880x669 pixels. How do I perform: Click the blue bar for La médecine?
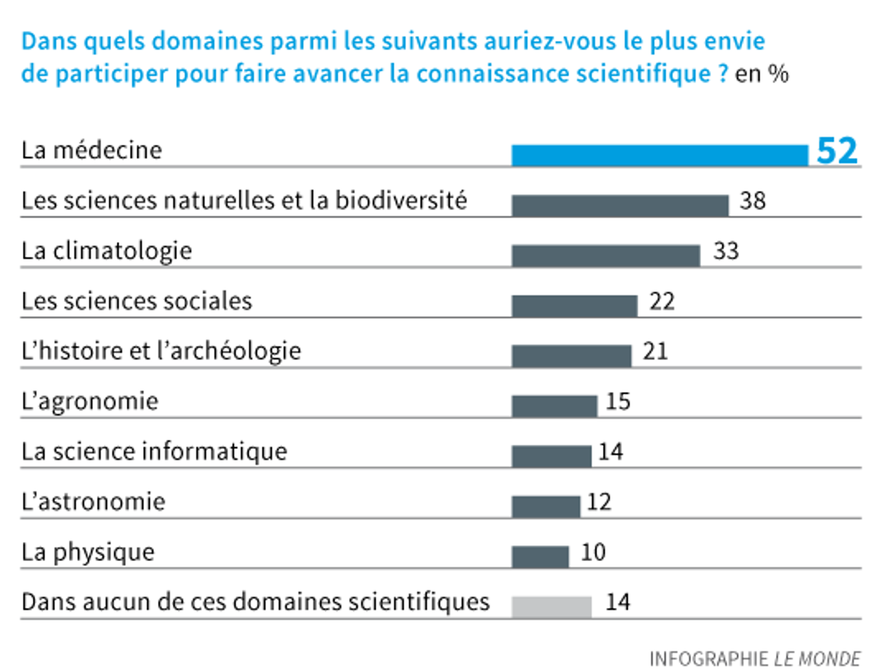(660, 155)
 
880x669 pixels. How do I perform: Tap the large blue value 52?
(837, 151)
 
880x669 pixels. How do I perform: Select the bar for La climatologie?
(606, 256)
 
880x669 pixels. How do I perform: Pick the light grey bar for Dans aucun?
(551, 607)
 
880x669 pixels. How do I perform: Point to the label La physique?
(88, 552)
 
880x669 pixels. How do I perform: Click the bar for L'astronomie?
(546, 506)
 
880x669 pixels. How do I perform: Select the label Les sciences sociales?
(137, 301)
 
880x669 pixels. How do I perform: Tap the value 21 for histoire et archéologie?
(655, 351)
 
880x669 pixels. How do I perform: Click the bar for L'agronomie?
(554, 406)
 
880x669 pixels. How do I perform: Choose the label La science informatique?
(154, 452)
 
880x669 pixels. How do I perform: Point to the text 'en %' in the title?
(761, 74)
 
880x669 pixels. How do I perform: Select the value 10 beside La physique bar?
(593, 552)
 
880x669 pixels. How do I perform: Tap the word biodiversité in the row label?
(401, 200)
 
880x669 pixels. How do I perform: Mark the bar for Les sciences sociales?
(574, 306)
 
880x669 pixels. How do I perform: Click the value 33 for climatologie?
(726, 251)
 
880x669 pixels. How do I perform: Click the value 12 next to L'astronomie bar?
(599, 502)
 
